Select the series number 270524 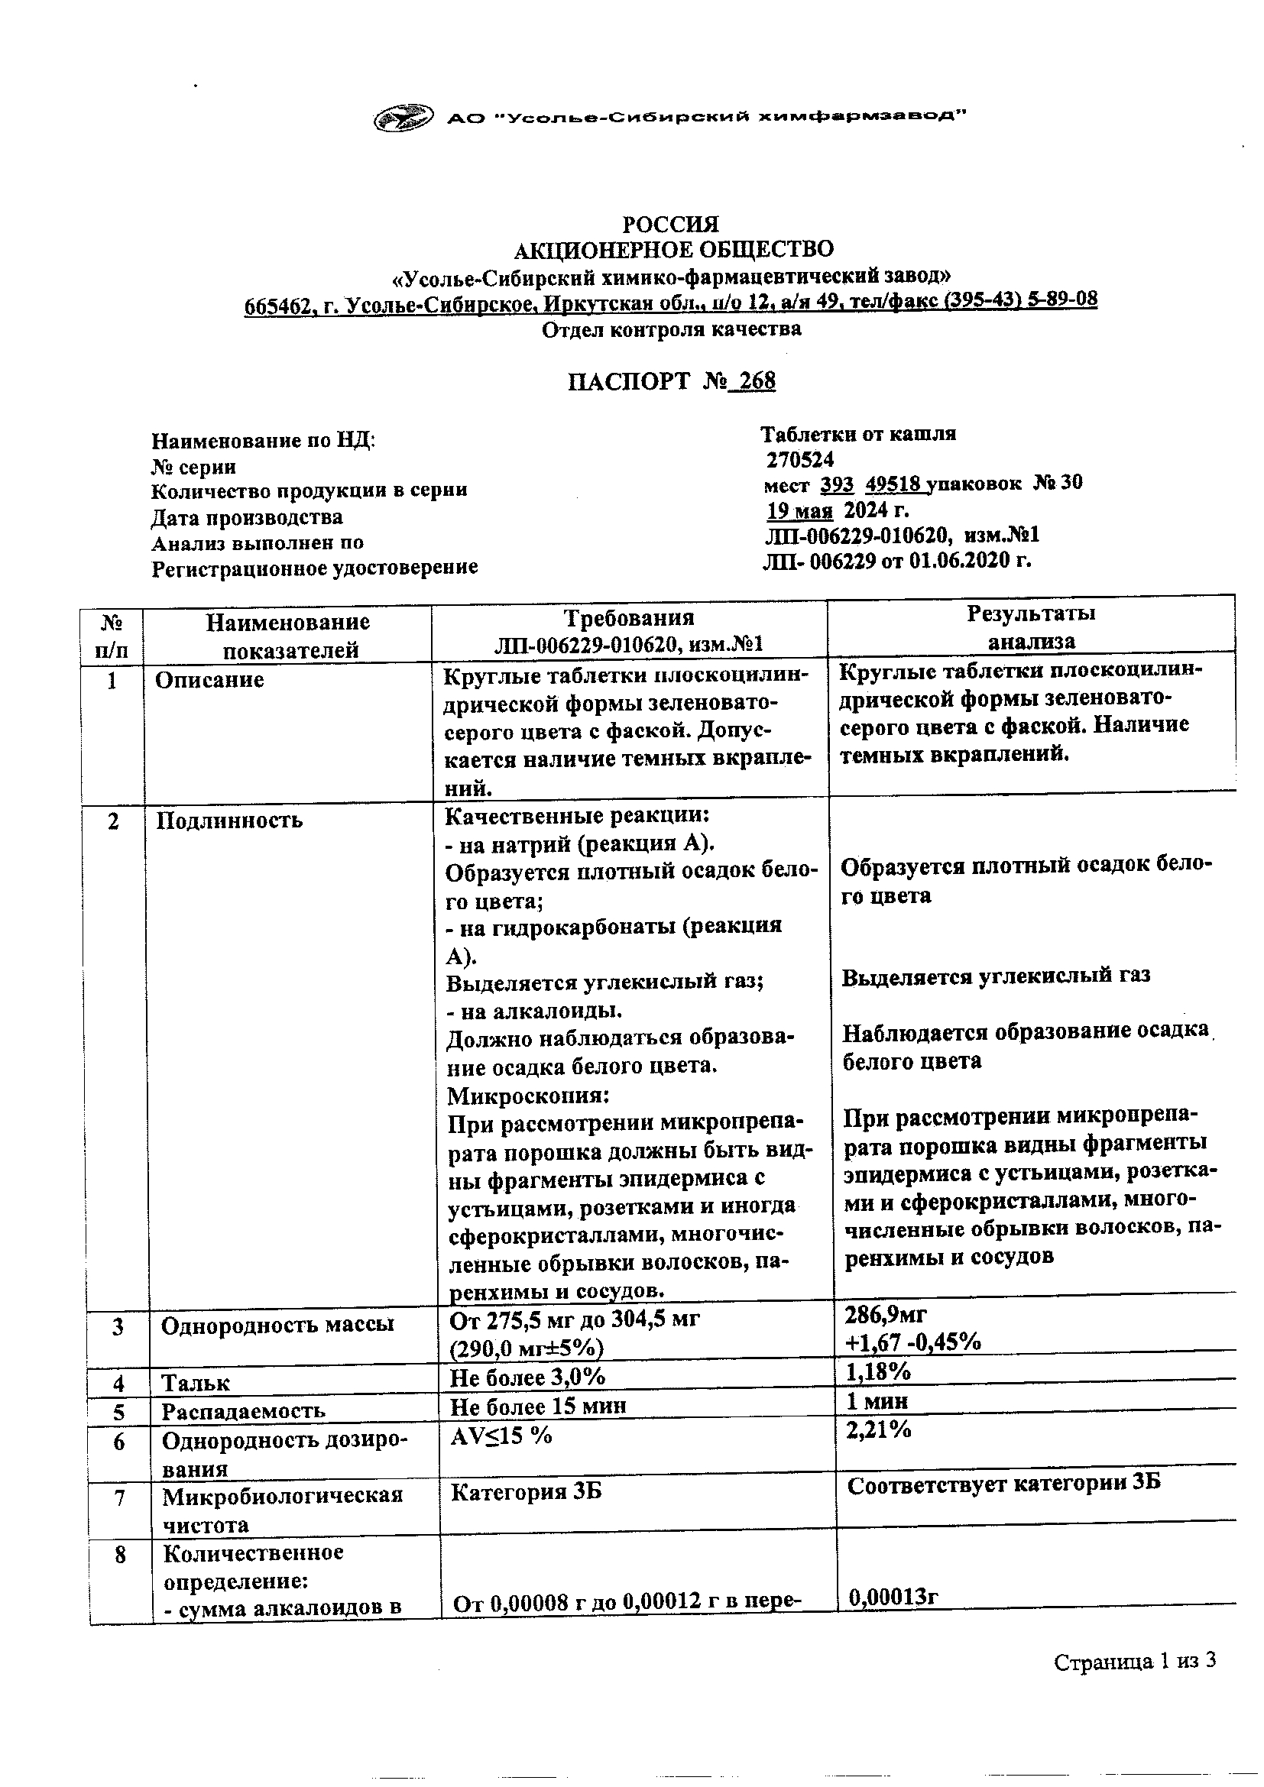tap(800, 460)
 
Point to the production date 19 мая tap(800, 511)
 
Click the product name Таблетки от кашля tap(857, 433)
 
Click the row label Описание tap(209, 680)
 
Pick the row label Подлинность tap(228, 821)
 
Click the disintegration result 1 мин tap(877, 1402)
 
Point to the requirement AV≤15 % tap(501, 1436)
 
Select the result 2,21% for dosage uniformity tap(878, 1429)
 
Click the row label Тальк tap(196, 1383)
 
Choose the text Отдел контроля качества tap(671, 329)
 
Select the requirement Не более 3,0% tap(527, 1377)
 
